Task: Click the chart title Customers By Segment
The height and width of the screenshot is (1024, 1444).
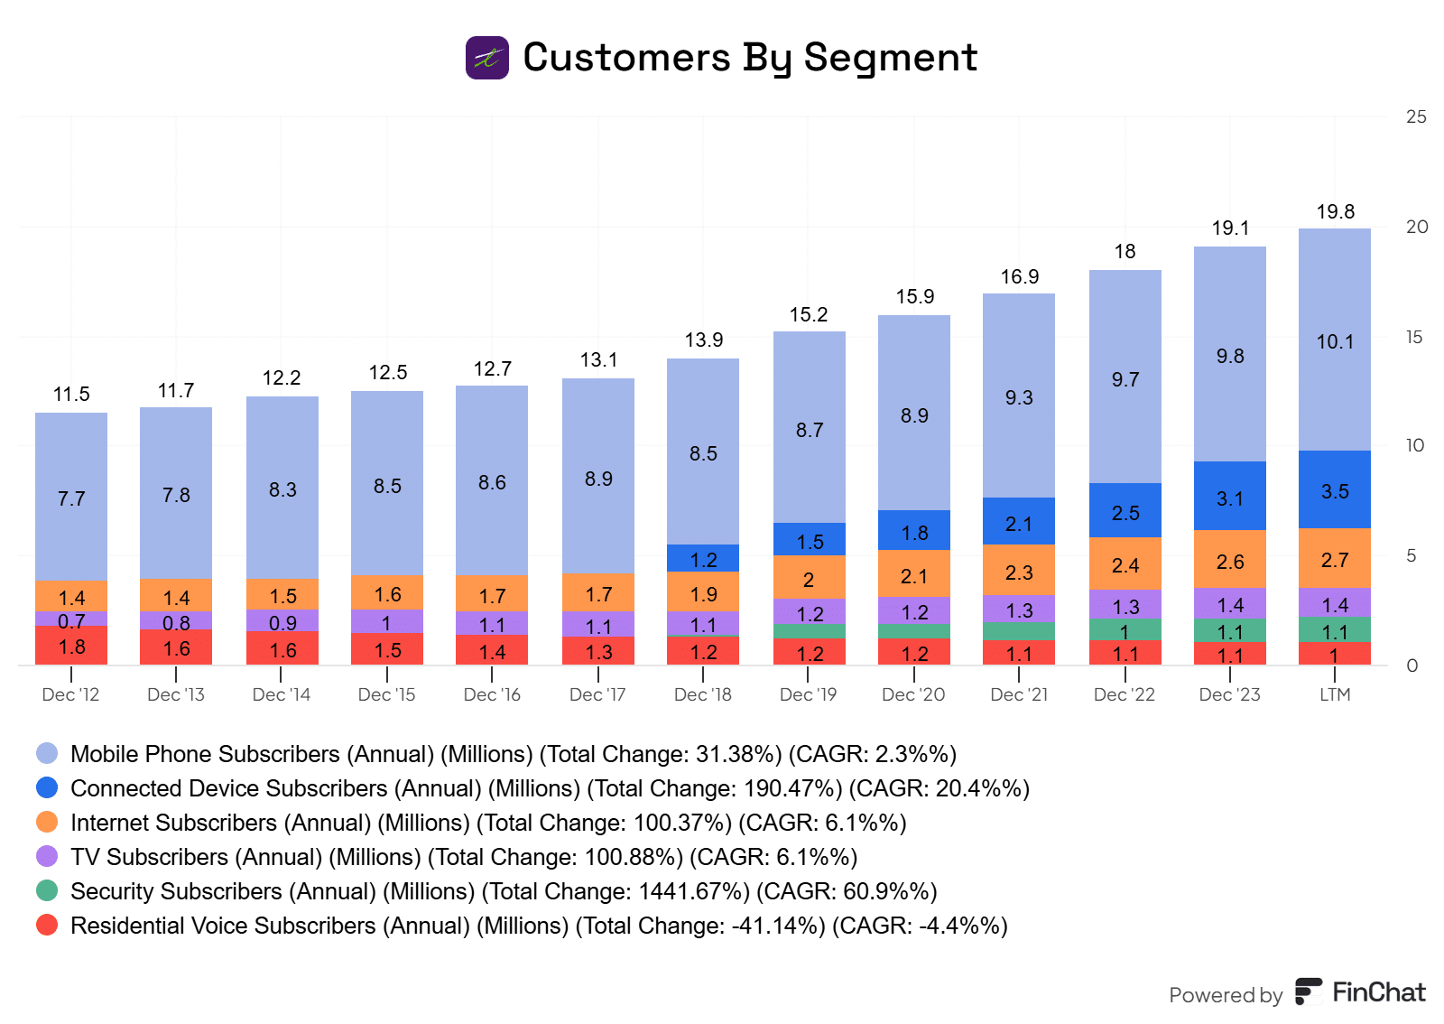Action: [749, 58]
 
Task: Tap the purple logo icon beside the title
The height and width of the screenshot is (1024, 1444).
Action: [487, 58]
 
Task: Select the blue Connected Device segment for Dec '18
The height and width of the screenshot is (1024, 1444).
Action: [703, 558]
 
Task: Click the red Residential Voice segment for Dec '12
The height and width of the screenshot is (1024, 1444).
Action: [71, 646]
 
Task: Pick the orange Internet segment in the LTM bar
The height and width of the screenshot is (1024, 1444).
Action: [1335, 559]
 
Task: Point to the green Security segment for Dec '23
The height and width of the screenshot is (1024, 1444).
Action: [1230, 630]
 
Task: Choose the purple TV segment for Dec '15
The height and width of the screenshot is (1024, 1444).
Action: [387, 621]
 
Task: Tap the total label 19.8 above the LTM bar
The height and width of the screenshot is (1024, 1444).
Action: [1335, 212]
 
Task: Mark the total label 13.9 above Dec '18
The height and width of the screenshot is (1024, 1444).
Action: [703, 340]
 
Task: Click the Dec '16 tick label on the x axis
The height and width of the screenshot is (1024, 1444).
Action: [492, 694]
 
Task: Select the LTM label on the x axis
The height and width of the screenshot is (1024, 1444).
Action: [1335, 694]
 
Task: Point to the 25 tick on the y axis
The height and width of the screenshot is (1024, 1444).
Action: [1416, 116]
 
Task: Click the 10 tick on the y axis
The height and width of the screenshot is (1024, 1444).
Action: [1415, 445]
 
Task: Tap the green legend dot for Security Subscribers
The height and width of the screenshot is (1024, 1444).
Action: [47, 891]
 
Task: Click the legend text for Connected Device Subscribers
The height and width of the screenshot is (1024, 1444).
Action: [550, 788]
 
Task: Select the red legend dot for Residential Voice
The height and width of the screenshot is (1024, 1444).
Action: [47, 926]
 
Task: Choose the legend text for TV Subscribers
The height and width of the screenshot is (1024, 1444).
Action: [464, 857]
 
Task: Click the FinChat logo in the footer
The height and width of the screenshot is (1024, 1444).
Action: [1361, 992]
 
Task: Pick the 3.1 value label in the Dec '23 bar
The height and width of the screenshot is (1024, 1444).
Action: [1230, 498]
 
